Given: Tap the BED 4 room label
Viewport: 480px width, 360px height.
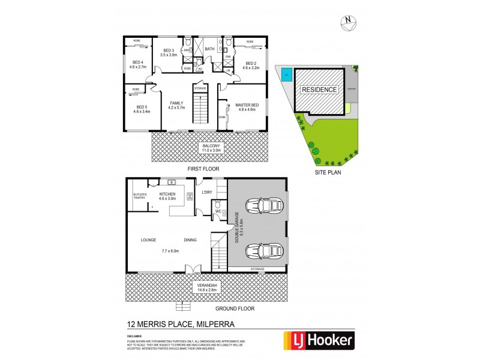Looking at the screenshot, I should pos(138,65).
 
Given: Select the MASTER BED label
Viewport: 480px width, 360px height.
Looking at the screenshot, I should pos(246,106).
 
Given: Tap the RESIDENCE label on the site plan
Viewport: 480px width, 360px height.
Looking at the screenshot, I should pos(320,89).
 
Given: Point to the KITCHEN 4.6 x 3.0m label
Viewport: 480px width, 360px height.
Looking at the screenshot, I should pos(166,196).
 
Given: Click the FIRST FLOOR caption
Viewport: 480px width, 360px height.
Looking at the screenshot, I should pos(203,169).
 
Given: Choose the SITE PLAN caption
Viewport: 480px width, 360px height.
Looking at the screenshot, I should pos(328,172).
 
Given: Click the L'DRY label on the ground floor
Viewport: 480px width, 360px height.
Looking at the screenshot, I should pos(207,192).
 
